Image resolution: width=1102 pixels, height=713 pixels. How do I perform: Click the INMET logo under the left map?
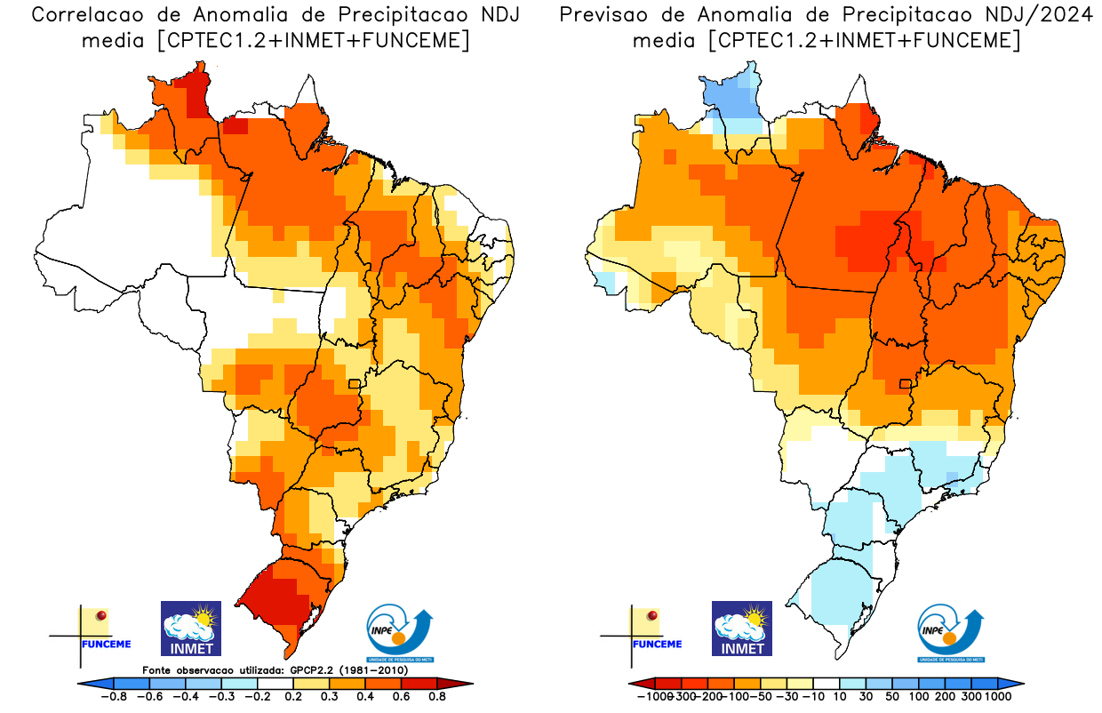click(x=190, y=628)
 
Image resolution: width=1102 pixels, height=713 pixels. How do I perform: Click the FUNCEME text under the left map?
click(x=106, y=644)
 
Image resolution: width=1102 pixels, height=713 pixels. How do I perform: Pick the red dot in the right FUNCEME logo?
click(x=652, y=615)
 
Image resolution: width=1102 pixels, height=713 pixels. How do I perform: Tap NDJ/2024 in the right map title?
click(x=1039, y=15)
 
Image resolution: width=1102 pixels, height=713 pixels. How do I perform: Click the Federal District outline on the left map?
click(x=355, y=384)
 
